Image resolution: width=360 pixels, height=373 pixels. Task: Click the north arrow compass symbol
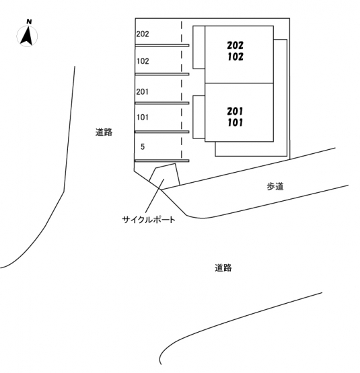coord(27,36)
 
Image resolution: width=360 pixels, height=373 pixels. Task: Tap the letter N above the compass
coord(29,22)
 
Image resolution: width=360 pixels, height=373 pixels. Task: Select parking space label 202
coord(143,34)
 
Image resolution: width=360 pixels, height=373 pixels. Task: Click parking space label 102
coord(143,61)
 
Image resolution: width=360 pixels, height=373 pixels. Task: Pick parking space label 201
coord(142,91)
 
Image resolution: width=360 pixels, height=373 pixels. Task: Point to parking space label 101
coord(143,117)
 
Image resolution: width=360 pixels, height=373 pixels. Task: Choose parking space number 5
coord(143,147)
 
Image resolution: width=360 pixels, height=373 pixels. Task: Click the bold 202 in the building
coord(235,45)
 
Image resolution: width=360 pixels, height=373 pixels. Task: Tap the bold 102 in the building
coord(236,56)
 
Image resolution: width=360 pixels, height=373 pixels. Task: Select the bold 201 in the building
coord(235,111)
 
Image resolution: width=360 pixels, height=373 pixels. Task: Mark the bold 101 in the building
coord(235,122)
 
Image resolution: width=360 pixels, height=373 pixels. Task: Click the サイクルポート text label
coord(149,219)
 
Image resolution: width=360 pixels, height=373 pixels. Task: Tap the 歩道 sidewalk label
coord(275,186)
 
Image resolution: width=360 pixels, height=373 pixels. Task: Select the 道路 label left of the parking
coord(104,132)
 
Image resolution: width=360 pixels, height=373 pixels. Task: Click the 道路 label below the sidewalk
coord(223,268)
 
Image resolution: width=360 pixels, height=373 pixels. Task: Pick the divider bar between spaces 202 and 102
coord(162,45)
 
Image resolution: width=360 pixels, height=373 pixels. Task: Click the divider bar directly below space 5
coord(162,161)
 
